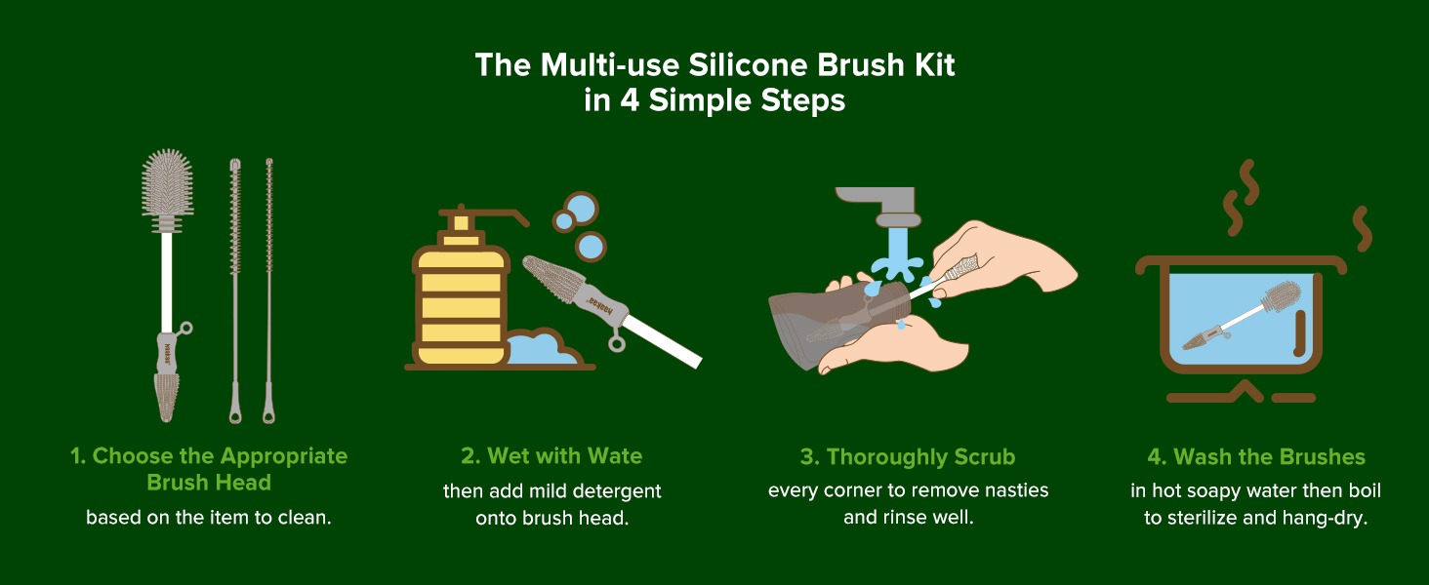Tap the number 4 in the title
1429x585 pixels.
pos(629,100)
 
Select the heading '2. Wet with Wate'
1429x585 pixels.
pos(551,455)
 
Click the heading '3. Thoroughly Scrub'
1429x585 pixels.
pos(907,457)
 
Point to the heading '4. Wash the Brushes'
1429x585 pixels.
pos(1256,457)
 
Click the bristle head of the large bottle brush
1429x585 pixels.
pos(167,183)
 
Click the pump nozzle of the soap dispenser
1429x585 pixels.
pos(492,214)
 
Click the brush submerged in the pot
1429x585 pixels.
pos(1241,316)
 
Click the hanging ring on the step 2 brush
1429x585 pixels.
pos(617,344)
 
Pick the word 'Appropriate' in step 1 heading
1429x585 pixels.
pos(284,456)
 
